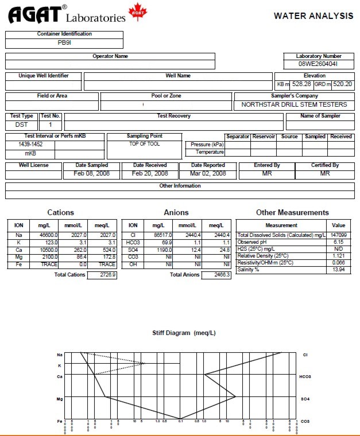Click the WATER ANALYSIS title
(x=313, y=15)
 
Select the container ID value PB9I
(x=64, y=42)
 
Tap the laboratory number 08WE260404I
(x=318, y=64)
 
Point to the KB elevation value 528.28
(x=301, y=84)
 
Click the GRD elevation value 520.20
(x=342, y=84)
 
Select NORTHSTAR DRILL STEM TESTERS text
(x=294, y=104)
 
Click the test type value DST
(x=22, y=124)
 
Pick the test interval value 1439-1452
(x=30, y=145)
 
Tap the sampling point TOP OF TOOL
(x=145, y=144)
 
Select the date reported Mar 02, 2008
(x=208, y=173)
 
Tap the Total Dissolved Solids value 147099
(x=339, y=235)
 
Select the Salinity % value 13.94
(x=339, y=270)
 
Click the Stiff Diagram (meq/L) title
(x=184, y=333)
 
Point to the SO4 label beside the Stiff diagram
(x=305, y=398)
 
